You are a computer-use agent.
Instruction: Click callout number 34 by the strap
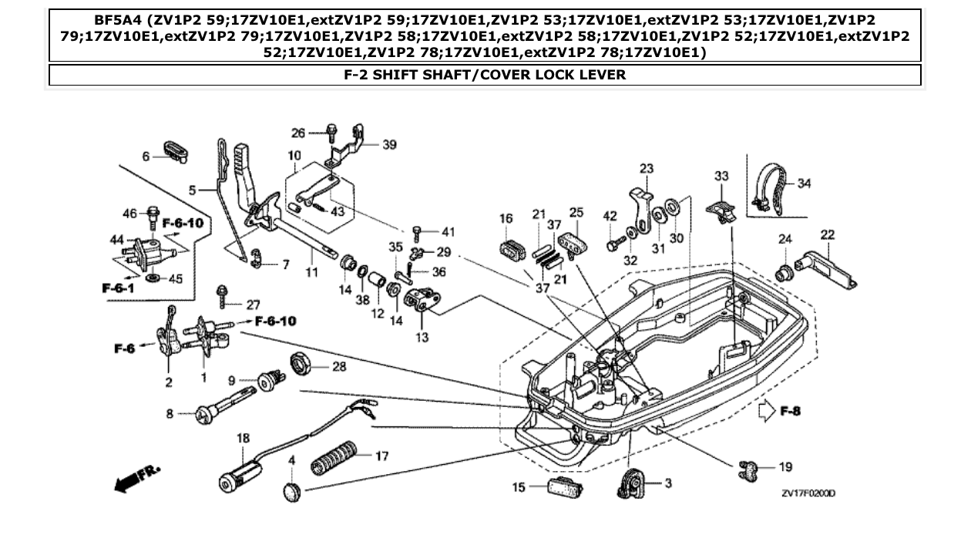(804, 183)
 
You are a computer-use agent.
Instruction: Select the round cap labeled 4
(291, 490)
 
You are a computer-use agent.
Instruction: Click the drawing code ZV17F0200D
(808, 493)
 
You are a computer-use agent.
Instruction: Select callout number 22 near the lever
(827, 234)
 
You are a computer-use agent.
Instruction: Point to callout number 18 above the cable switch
(244, 438)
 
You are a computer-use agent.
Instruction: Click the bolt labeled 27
(222, 293)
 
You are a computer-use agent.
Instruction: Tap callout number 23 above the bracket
(646, 169)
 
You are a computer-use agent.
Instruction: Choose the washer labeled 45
(150, 276)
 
